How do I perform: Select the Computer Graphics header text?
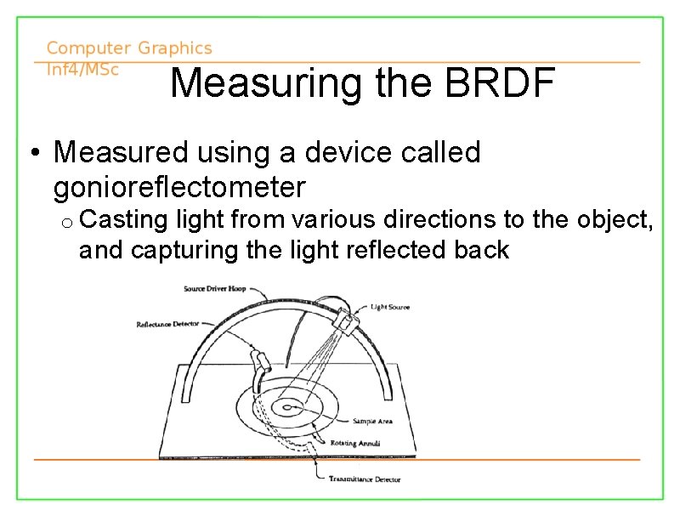129,48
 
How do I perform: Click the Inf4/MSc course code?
82,70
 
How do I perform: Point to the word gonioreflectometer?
179,187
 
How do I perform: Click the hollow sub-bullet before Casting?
66,222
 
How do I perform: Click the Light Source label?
390,307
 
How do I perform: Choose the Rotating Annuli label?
356,443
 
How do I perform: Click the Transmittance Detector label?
365,479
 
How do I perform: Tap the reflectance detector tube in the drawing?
263,362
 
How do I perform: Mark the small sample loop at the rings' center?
291,408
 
